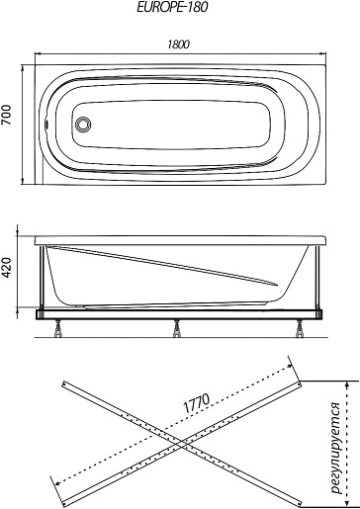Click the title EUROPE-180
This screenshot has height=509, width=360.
172,7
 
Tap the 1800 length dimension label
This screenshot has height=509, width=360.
178,44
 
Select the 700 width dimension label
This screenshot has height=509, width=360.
6,115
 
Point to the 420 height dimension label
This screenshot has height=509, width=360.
6,268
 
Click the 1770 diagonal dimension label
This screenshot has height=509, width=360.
196,403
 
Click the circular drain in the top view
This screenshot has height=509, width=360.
83,125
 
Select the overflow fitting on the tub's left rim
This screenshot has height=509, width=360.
46,125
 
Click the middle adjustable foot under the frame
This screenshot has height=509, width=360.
177,328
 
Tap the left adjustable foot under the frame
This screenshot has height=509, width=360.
58,328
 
